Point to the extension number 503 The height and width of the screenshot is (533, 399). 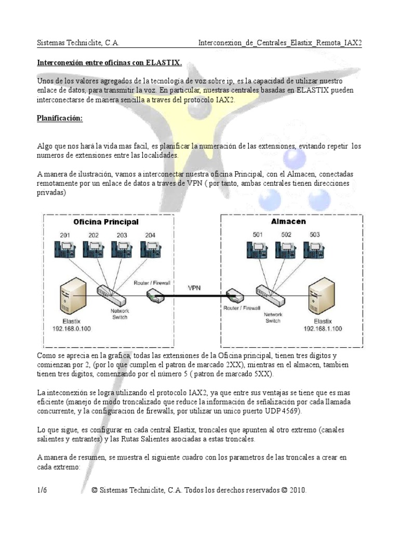pyautogui.click(x=315, y=234)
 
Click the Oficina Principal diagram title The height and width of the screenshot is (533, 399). pyautogui.click(x=106, y=222)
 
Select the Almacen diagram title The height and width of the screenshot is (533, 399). pyautogui.click(x=288, y=221)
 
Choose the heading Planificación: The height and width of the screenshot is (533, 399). pyautogui.click(x=60, y=119)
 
